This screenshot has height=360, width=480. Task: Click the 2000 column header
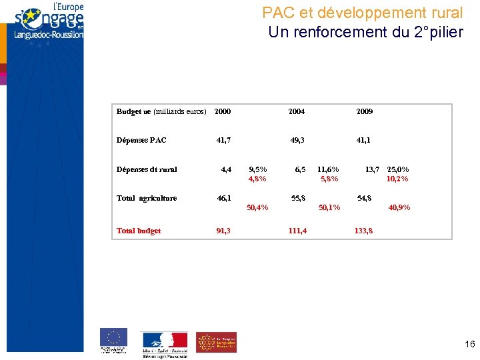point(223,111)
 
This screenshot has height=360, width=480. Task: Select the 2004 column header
point(297,111)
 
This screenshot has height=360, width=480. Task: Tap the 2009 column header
point(364,111)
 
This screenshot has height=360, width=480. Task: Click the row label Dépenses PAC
point(141,140)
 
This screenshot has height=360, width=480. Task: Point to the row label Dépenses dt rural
point(147,169)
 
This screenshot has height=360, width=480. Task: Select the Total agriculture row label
point(147,198)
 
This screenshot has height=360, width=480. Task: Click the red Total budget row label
point(139,231)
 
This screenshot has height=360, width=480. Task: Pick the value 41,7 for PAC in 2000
point(224,140)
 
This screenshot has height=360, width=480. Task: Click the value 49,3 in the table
point(297,140)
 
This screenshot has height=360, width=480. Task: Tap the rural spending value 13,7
point(372,169)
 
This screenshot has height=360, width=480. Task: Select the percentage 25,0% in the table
point(398,169)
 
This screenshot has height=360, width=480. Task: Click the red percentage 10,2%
point(398,179)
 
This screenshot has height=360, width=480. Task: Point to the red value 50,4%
point(257,207)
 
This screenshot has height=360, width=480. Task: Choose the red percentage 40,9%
point(399,207)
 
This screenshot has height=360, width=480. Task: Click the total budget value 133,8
point(364,231)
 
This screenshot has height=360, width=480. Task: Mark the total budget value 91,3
point(224,231)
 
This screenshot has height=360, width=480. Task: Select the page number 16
point(469,344)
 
